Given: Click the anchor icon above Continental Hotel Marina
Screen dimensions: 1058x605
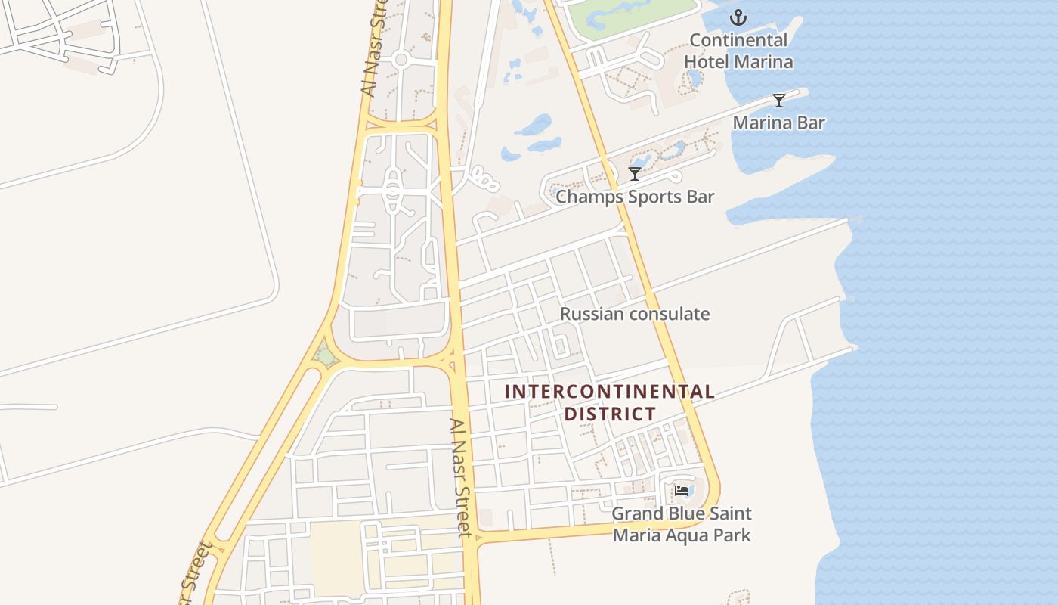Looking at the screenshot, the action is [x=738, y=17].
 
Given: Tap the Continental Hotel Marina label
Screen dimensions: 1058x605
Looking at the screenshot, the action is [x=738, y=51].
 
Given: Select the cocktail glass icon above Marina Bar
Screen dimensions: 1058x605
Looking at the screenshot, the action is [x=779, y=101].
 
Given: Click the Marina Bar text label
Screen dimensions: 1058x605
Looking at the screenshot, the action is [x=779, y=123].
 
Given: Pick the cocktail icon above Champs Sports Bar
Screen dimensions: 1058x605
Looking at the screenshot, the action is [x=635, y=174].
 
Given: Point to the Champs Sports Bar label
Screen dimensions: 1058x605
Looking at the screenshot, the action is [x=635, y=197].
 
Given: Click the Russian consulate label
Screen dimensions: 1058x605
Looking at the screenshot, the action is [x=635, y=314].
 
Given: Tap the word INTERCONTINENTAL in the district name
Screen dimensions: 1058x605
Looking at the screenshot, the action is [x=609, y=392].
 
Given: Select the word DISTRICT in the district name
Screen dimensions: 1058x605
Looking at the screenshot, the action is [x=609, y=414].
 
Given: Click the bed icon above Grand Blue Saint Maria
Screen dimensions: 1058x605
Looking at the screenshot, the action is [x=682, y=491].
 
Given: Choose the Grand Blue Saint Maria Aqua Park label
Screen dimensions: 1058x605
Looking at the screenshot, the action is [x=682, y=524].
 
